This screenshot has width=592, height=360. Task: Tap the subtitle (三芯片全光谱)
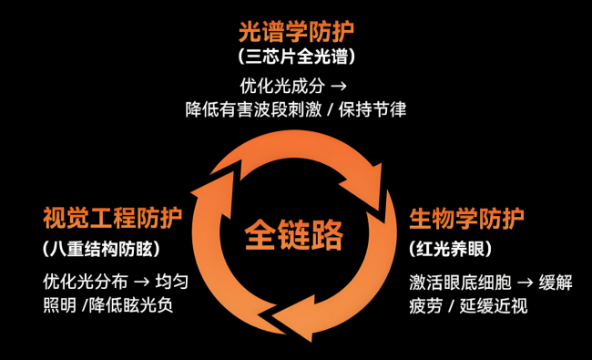click(x=295, y=57)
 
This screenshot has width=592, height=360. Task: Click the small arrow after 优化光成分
click(x=340, y=87)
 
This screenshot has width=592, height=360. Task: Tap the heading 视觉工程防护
click(x=112, y=219)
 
